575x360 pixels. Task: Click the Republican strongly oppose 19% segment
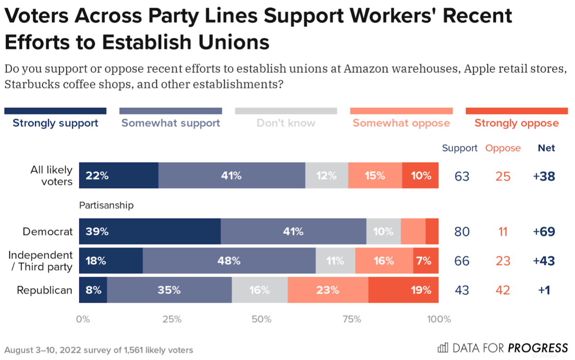(403, 290)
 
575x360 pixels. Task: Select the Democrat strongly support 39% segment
(150, 232)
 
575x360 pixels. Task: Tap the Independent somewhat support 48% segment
(229, 261)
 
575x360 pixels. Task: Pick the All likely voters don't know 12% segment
(327, 175)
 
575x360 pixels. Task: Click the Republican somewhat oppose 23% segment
(328, 290)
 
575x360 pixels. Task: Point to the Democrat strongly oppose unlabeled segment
(432, 232)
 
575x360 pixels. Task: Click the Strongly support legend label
(55, 123)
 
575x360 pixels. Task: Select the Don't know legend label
(286, 123)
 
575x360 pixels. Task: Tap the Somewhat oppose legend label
(401, 123)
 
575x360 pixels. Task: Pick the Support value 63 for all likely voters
(461, 176)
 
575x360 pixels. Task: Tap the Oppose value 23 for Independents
(503, 261)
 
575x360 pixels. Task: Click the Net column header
(546, 148)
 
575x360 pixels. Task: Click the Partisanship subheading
(106, 205)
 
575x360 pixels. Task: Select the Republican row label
(45, 290)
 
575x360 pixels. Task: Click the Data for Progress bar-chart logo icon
(443, 348)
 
